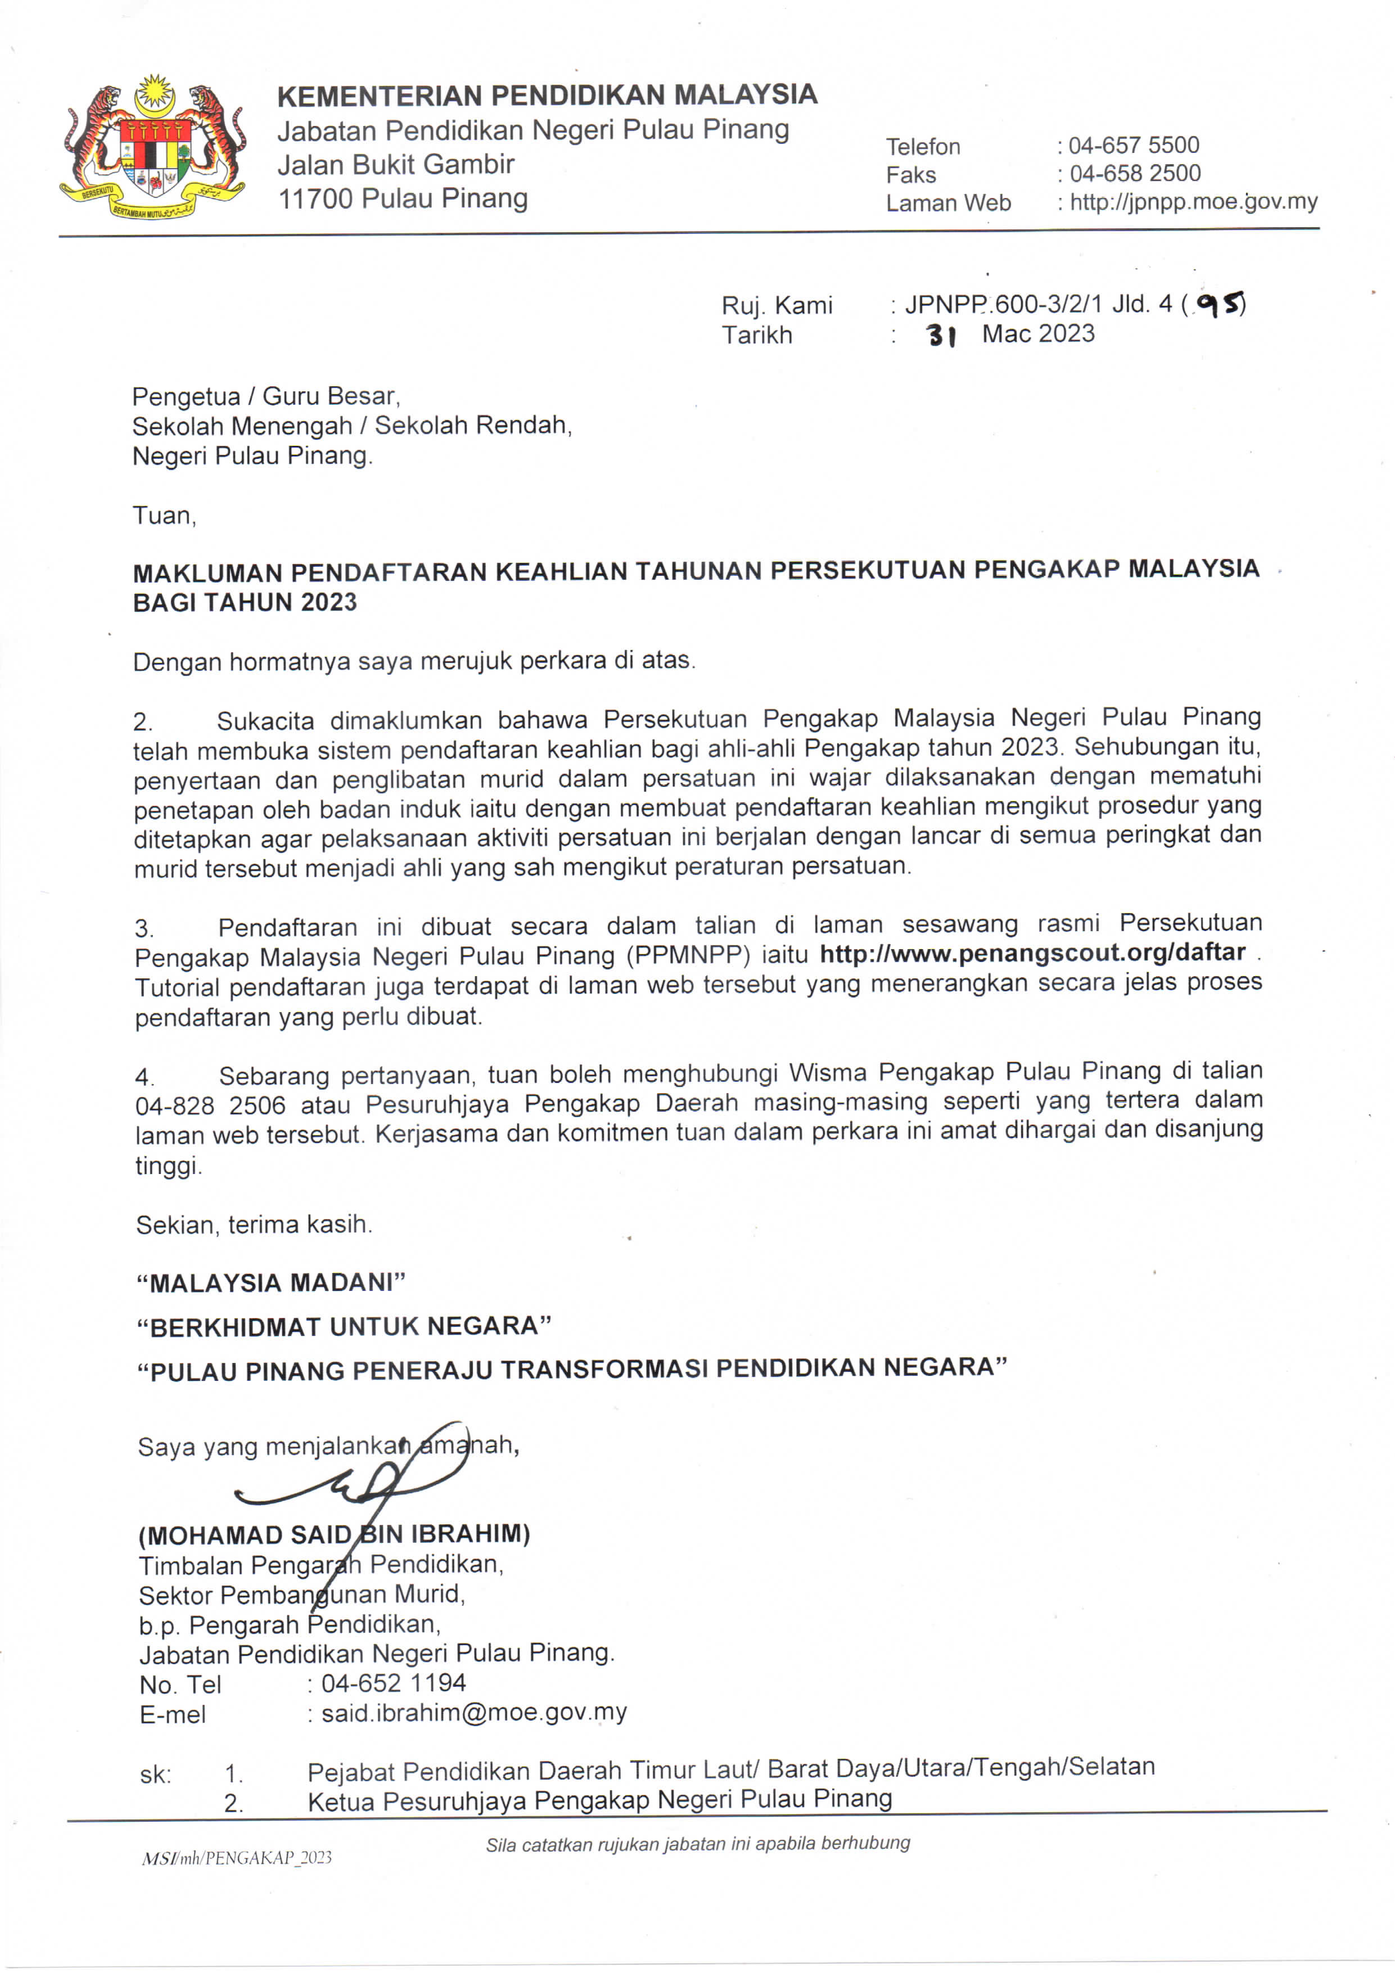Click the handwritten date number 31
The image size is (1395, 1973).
(942, 335)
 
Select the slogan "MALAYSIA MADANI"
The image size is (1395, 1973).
(271, 1283)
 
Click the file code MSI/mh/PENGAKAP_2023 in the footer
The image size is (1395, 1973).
(236, 1857)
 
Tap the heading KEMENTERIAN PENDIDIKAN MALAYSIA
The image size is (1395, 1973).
(547, 94)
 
